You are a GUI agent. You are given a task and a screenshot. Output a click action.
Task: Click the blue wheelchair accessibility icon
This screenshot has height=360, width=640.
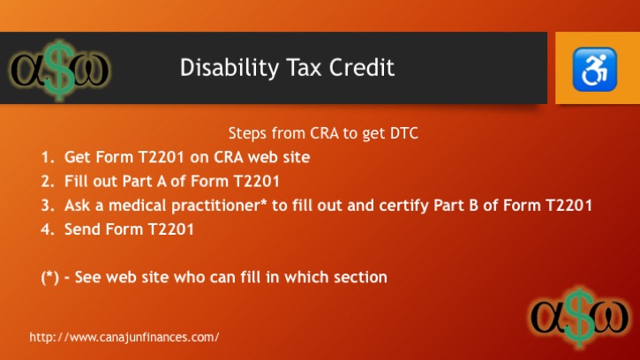coord(594,70)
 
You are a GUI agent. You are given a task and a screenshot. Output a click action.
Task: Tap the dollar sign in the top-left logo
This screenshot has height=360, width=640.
coord(60,71)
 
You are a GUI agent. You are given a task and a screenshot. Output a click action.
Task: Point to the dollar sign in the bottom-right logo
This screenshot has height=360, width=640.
coord(580,318)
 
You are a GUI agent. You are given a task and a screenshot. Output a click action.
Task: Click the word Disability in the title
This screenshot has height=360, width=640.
coord(229,68)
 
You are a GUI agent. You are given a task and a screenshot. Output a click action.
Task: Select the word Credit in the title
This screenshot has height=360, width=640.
coord(362,67)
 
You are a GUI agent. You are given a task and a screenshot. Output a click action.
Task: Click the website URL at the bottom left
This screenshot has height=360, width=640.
coord(124,337)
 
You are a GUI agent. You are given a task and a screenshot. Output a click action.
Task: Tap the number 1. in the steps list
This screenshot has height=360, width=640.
coord(48,157)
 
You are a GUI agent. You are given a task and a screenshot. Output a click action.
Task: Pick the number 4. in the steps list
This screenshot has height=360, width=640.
coord(48,229)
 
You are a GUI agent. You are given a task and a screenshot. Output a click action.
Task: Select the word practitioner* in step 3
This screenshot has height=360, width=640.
coord(219,206)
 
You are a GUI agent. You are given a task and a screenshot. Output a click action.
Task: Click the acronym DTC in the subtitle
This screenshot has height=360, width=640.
coord(404,133)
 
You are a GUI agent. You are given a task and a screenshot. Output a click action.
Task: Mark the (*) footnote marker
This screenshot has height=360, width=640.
coord(49,278)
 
